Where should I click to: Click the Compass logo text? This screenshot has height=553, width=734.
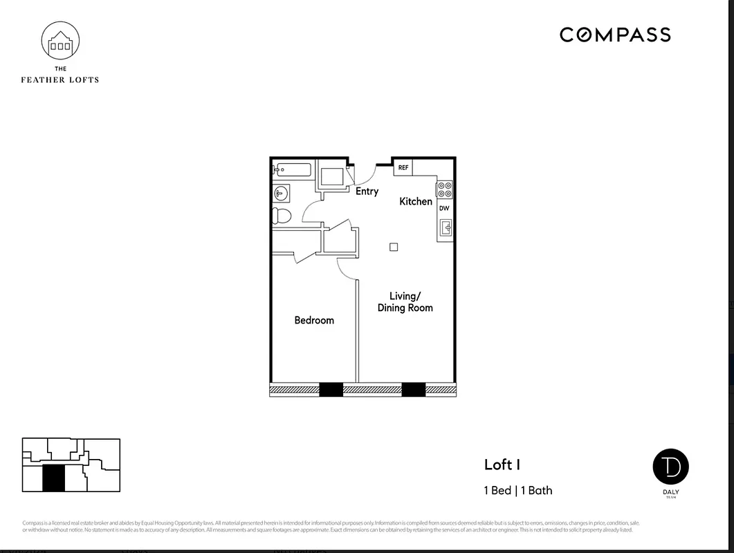click(615, 35)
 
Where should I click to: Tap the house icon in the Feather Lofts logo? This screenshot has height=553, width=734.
click(60, 42)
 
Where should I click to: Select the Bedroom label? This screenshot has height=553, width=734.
click(314, 320)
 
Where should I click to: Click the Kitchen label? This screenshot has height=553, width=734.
click(416, 201)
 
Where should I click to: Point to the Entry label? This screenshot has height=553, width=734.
click(367, 191)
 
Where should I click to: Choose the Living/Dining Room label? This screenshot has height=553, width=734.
click(405, 302)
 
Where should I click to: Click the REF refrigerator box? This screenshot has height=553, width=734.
click(403, 168)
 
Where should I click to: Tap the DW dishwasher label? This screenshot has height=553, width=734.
click(444, 208)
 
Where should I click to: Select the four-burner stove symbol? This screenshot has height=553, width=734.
click(445, 189)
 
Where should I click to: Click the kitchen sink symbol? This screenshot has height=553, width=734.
click(446, 227)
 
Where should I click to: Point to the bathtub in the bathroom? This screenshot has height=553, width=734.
click(293, 169)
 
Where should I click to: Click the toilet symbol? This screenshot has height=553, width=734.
click(282, 216)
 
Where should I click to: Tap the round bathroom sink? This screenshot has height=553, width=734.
click(281, 193)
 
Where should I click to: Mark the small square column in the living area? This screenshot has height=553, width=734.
click(394, 247)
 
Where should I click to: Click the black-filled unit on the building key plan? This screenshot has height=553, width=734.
click(53, 478)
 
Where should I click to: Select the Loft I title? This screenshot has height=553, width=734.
click(502, 465)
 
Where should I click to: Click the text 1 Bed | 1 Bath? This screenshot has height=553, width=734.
click(517, 490)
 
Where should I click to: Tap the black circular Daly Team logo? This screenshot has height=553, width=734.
click(670, 467)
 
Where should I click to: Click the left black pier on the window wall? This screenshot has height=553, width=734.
click(331, 390)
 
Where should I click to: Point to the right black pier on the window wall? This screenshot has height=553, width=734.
click(413, 390)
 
